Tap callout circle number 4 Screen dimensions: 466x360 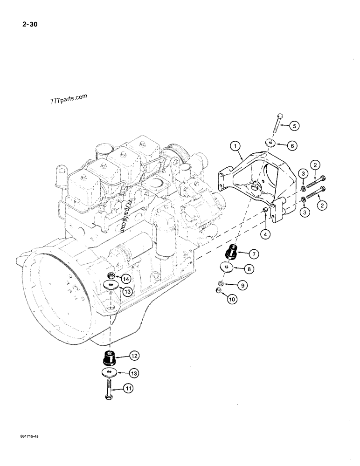point(265,234)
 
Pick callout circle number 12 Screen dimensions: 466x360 point(134,356)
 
